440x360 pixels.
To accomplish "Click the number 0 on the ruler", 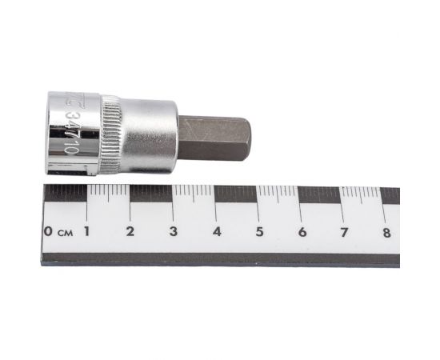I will (50, 232).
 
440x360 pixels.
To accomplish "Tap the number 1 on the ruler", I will (86, 232).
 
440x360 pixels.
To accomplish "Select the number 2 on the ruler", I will (130, 232).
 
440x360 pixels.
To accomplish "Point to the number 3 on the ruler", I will (173, 232).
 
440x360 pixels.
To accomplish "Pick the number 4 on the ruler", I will (216, 232).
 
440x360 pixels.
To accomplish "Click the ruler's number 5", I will (259, 232).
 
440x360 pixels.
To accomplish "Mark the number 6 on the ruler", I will (302, 232).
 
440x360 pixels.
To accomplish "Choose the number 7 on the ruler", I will (344, 232).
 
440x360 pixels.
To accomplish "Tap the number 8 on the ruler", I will (386, 232).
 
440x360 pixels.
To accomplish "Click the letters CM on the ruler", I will (65, 233).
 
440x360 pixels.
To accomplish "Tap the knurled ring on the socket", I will (110, 134).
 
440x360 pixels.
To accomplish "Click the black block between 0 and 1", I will (66, 193).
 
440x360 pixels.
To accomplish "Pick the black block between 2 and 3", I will (151, 193).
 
